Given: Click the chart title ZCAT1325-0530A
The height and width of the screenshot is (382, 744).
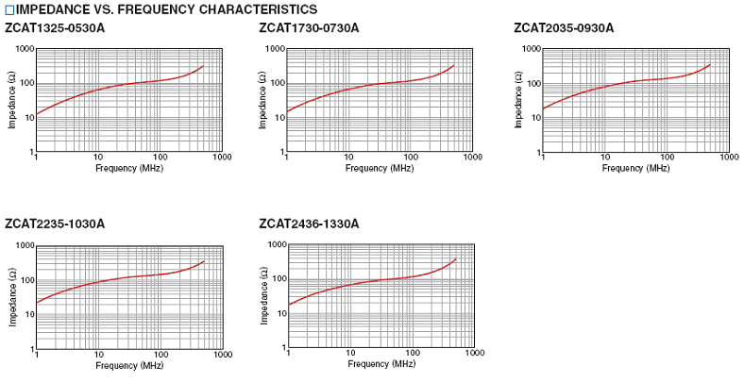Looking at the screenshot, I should [x=55, y=27].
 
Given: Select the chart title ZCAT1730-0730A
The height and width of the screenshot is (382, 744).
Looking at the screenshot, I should [x=309, y=27].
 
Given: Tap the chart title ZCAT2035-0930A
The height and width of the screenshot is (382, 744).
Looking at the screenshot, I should [x=564, y=27].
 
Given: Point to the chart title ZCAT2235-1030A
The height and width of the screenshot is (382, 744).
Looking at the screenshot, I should [x=55, y=224].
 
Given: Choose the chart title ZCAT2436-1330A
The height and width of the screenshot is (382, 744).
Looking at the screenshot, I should [x=309, y=224].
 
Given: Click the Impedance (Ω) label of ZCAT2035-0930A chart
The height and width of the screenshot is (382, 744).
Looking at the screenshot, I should [x=518, y=101].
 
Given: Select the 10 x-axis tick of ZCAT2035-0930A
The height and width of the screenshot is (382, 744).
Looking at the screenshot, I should [x=605, y=158].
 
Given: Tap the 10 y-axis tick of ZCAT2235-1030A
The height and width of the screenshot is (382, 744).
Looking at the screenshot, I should [x=26, y=314].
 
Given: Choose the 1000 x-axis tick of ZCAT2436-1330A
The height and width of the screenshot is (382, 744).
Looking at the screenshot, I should [x=475, y=354].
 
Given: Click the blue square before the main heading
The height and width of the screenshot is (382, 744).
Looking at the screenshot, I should [x=9, y=9].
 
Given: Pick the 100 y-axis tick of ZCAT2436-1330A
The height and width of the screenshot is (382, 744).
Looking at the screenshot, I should [x=279, y=279].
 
